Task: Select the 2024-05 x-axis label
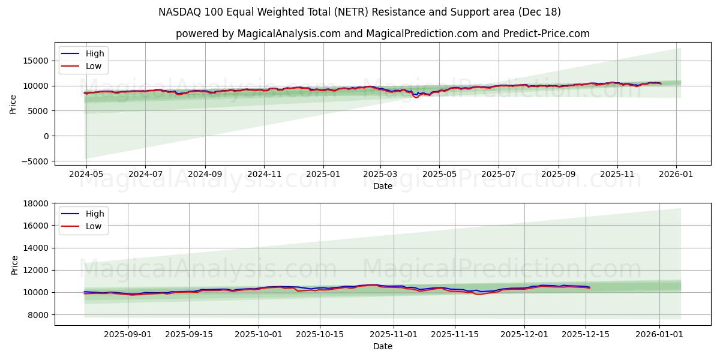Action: (86, 173)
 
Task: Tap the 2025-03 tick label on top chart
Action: (381, 173)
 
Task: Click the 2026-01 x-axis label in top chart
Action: (677, 173)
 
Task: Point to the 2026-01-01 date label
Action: (659, 334)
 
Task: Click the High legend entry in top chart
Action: (94, 53)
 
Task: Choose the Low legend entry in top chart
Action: (93, 66)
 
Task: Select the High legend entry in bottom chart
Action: (94, 214)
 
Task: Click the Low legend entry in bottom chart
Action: (93, 226)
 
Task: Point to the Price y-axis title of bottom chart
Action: (14, 265)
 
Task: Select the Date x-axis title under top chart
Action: (382, 186)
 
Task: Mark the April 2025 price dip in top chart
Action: (416, 96)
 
